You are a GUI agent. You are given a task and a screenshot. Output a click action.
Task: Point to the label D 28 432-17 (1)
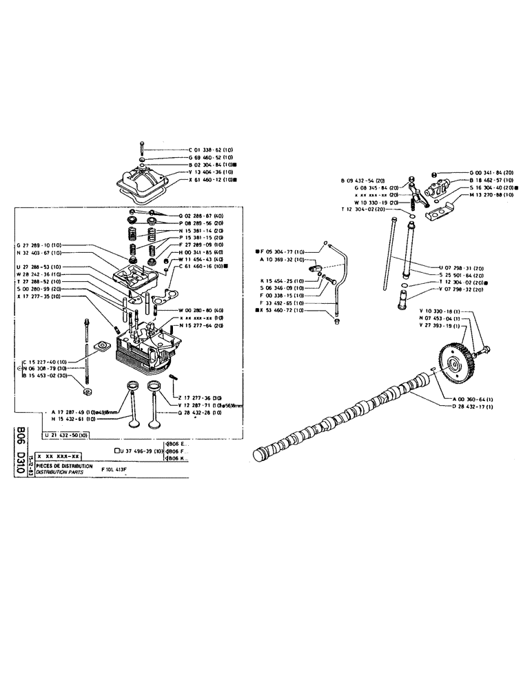click(473, 406)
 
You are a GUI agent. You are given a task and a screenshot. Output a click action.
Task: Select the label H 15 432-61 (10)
click(74, 418)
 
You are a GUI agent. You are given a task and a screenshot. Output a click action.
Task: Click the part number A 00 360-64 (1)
click(473, 398)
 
